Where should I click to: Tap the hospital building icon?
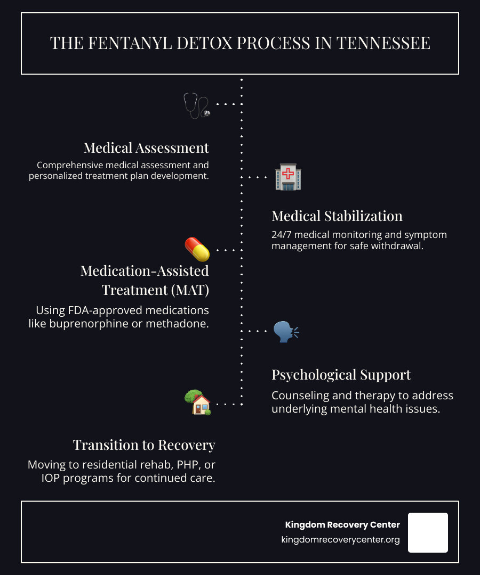tap(287, 177)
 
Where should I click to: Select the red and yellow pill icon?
tap(197, 249)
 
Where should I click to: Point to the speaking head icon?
tap(286, 331)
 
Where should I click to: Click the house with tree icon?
tap(197, 402)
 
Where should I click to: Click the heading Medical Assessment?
tap(146, 147)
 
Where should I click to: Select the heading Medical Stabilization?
tap(337, 216)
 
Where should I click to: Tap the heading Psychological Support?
tap(341, 374)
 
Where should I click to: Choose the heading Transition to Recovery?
tap(144, 445)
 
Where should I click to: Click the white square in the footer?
tap(428, 532)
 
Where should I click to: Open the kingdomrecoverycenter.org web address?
tap(340, 540)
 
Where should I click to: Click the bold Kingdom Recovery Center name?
tap(342, 525)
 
